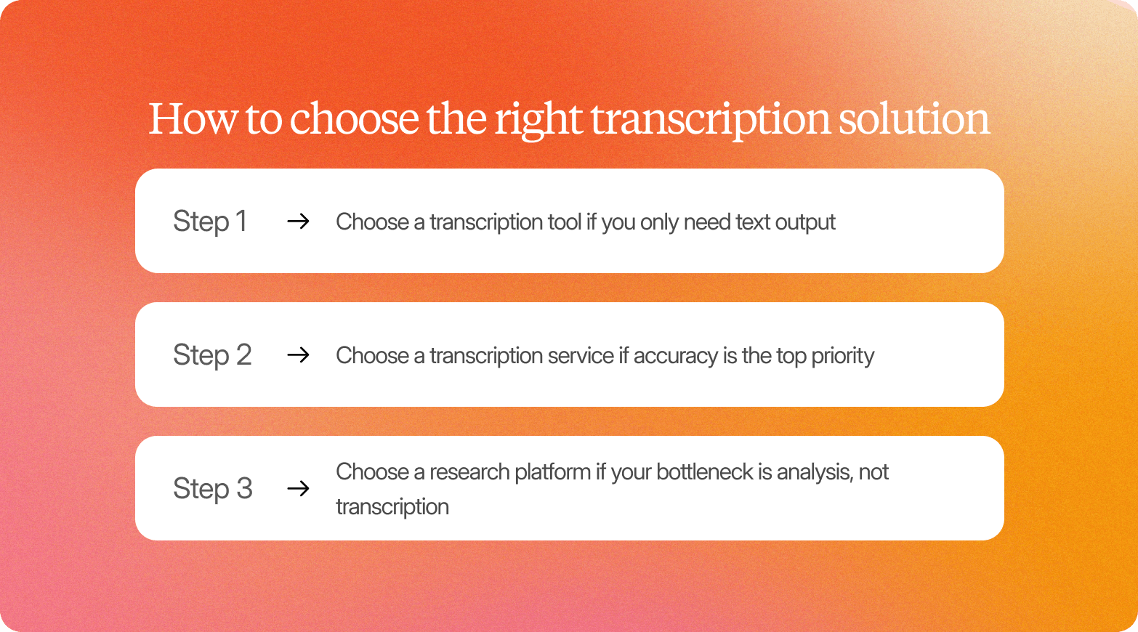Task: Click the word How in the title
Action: coord(192,118)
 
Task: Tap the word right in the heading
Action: coord(538,120)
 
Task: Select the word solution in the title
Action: coord(913,118)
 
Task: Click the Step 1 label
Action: coord(210,222)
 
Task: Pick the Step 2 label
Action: coord(212,355)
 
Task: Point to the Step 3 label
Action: coord(212,489)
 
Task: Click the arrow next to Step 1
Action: coord(298,222)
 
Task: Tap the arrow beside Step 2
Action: coord(298,355)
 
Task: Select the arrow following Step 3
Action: coord(298,489)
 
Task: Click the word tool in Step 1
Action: coord(565,222)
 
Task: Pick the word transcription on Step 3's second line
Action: coord(392,507)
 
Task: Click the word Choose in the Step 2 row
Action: coord(372,355)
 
